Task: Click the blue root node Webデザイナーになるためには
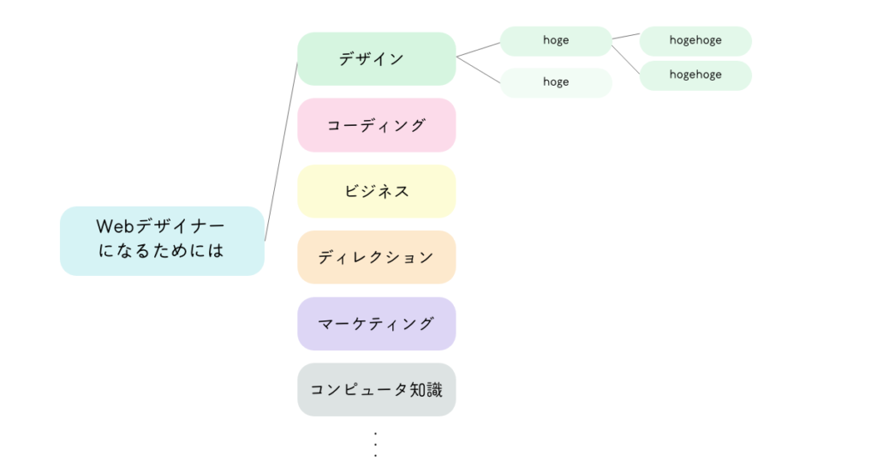162,241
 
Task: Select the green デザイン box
376,59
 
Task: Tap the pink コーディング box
376,125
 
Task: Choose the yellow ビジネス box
376,191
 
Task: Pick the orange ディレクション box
376,257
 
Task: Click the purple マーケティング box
376,324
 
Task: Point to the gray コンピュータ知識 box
376,390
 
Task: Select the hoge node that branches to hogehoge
556,40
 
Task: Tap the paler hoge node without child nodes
556,82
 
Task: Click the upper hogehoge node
695,40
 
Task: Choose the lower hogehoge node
695,75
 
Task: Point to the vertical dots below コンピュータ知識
376,444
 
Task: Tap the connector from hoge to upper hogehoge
626,37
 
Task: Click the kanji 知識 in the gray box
435,390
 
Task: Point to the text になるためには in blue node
162,253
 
